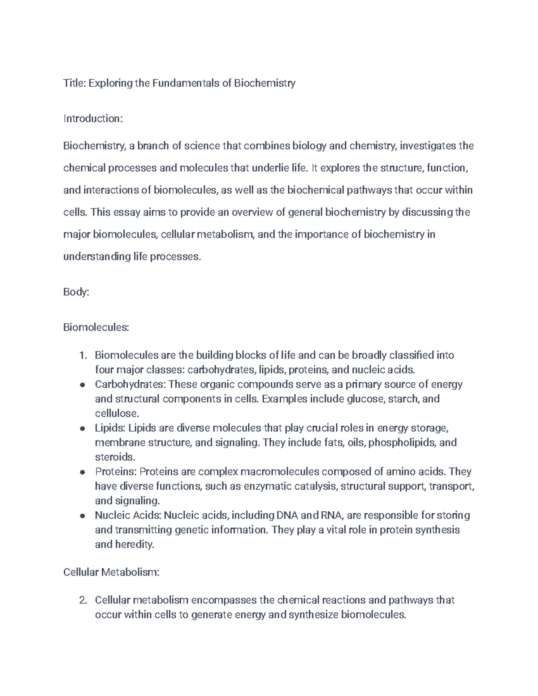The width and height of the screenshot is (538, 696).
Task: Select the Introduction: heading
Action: (x=93, y=119)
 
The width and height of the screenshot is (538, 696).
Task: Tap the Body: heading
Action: (x=76, y=292)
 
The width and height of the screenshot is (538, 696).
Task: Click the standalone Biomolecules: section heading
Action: (x=96, y=328)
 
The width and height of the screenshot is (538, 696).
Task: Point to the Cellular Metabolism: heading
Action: (x=111, y=572)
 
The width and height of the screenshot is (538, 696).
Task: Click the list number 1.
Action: (x=82, y=355)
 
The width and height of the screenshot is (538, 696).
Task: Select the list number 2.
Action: (x=82, y=600)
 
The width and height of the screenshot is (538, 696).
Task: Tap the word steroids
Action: (x=115, y=457)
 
